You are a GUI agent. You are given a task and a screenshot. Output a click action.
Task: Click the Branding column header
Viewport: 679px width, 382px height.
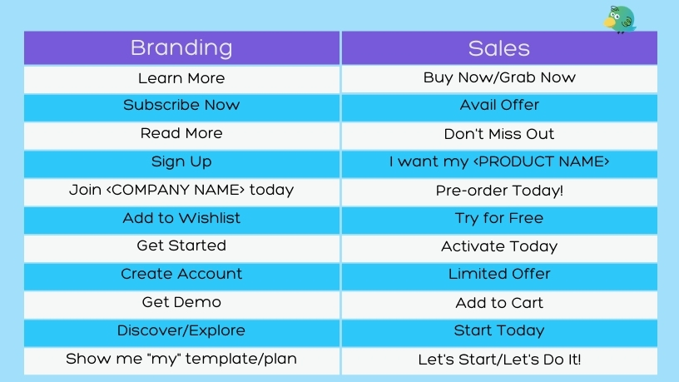click(x=182, y=47)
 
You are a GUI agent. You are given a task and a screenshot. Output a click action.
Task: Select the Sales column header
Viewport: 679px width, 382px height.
click(x=499, y=47)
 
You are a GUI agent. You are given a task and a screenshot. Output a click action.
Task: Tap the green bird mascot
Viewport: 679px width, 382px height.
click(x=620, y=19)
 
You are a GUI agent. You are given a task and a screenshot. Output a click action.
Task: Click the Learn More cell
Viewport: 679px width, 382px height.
click(x=182, y=79)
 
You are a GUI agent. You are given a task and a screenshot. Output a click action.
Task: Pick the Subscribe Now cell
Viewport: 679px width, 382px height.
click(x=182, y=107)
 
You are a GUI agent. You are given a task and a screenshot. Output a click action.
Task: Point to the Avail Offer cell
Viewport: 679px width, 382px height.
click(x=499, y=107)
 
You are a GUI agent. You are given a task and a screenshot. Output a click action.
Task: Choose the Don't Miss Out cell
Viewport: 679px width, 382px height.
click(x=499, y=135)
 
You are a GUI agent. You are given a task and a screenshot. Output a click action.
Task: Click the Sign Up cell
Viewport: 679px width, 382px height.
click(x=182, y=163)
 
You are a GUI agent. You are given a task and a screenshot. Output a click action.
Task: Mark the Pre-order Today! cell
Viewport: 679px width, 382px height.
click(x=499, y=191)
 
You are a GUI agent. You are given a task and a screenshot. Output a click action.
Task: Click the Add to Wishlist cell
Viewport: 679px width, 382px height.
click(x=182, y=220)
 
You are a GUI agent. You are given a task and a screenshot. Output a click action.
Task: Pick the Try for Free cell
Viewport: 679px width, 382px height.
click(x=499, y=220)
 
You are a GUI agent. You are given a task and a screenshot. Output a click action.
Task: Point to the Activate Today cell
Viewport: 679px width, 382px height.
click(x=499, y=248)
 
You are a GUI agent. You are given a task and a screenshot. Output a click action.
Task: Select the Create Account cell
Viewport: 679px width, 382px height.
click(x=182, y=276)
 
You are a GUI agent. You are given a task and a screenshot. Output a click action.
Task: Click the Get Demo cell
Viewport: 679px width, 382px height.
click(x=182, y=304)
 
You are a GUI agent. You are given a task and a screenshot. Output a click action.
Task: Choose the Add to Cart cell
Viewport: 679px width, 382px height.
click(x=499, y=304)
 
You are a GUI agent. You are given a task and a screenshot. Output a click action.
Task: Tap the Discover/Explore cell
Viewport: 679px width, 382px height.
click(x=182, y=332)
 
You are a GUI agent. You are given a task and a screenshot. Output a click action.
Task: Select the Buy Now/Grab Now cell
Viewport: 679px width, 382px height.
click(x=499, y=79)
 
